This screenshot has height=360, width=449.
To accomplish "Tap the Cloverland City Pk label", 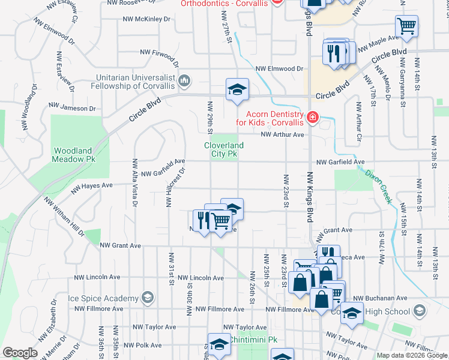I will point(224,149).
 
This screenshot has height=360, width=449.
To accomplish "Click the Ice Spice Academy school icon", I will point(146,298).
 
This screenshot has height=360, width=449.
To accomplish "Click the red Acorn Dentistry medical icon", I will point(312,117).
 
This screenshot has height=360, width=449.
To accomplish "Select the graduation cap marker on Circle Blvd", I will point(237,90).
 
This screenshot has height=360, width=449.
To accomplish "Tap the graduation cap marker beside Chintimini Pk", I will point(220,344).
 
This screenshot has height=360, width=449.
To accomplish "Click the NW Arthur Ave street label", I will point(283,134).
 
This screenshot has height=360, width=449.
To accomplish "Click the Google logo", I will point(20,353).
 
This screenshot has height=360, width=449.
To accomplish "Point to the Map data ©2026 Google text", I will point(411,355).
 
